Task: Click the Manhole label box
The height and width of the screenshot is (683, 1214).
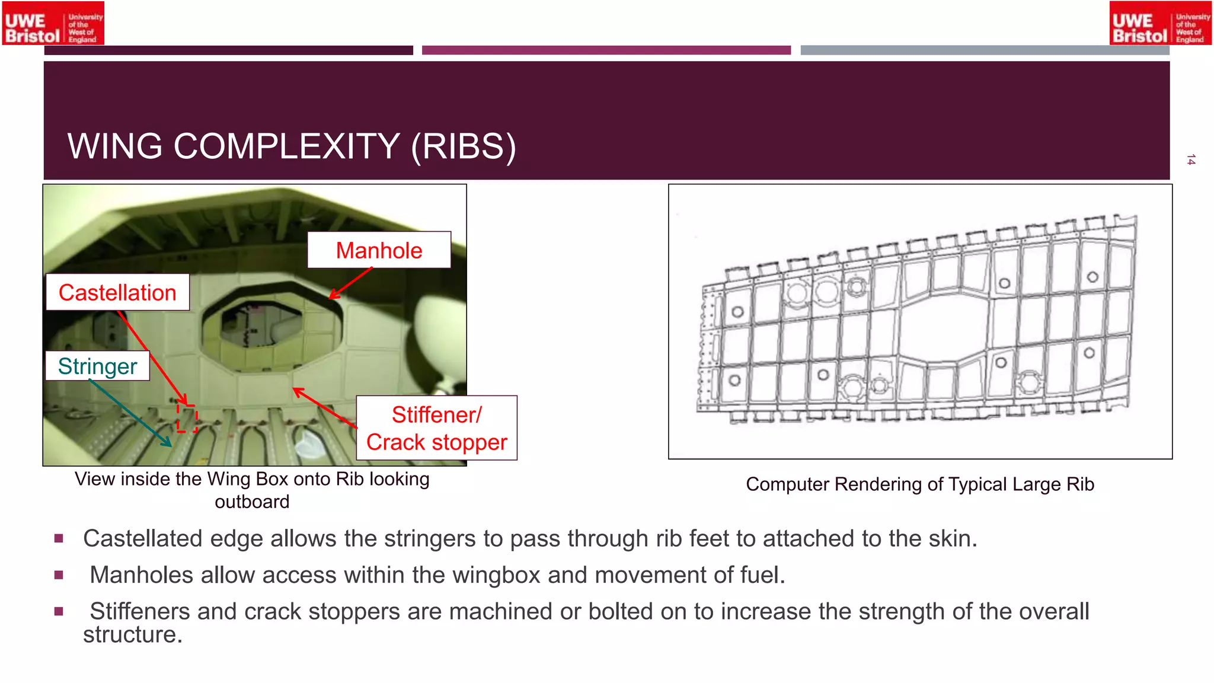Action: [x=379, y=250]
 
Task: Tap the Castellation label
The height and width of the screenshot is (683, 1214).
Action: [x=117, y=292]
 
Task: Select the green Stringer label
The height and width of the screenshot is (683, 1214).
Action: [x=98, y=366]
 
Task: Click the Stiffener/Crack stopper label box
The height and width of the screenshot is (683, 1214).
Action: [x=437, y=428]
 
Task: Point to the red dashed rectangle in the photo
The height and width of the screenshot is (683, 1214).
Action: [x=187, y=418]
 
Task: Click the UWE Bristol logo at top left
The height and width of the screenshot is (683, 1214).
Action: [x=53, y=24]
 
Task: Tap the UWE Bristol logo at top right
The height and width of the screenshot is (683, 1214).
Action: [x=1160, y=24]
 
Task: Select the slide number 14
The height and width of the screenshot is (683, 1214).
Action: [x=1191, y=159]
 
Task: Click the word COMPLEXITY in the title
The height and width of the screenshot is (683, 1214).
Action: [x=286, y=146]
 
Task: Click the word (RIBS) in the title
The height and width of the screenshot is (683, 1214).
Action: [x=464, y=146]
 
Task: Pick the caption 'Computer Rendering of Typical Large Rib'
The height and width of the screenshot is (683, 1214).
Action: [x=919, y=484]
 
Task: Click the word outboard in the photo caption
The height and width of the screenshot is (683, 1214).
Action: [x=252, y=502]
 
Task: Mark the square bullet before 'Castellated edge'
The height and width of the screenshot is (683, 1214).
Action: [x=59, y=538]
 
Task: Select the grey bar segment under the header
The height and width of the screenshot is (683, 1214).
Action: [x=985, y=50]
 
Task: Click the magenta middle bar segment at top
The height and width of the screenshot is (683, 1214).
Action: [x=606, y=50]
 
